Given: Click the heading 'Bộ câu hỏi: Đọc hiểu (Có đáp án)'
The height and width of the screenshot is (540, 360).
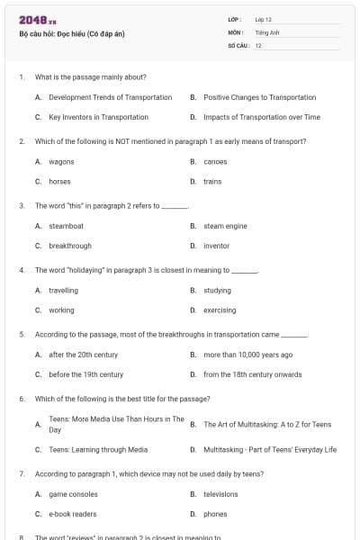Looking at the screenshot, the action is [x=71, y=33].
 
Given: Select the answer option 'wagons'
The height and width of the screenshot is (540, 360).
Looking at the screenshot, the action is [x=61, y=162].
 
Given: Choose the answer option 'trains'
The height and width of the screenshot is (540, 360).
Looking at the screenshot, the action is [x=212, y=182].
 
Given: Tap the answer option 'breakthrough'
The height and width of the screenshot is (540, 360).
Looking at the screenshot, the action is [x=69, y=246].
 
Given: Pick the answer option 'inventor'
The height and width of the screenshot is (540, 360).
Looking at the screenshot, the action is [x=216, y=246].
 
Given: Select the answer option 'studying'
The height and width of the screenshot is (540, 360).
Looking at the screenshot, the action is [x=217, y=291].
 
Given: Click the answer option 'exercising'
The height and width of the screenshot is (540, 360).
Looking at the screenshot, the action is [x=220, y=310].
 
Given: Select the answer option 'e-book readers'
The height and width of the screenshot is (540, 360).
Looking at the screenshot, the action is [x=72, y=514].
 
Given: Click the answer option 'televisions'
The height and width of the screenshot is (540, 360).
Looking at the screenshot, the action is [x=220, y=494].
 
